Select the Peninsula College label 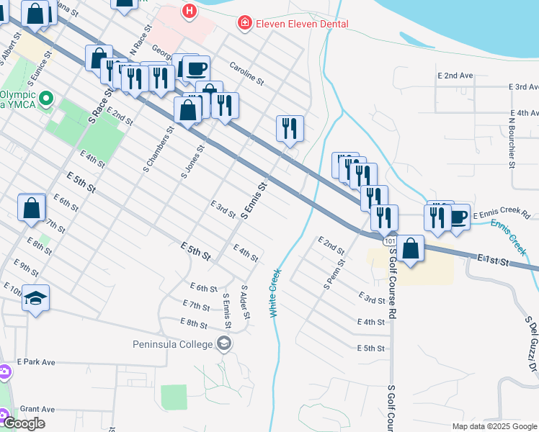174,343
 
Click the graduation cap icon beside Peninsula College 225,343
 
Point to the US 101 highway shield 390,236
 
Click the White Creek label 274,294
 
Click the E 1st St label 494,259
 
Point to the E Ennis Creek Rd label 502,215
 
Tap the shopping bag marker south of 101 410,249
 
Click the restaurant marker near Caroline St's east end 290,129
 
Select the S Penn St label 334,273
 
